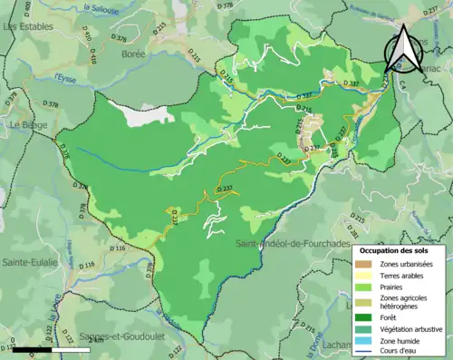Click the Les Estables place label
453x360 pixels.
click(27, 27)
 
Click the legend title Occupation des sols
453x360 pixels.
click(400, 249)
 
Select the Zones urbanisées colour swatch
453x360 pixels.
click(367, 264)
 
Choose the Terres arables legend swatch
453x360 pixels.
click(367, 277)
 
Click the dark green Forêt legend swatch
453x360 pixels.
click(367, 317)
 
